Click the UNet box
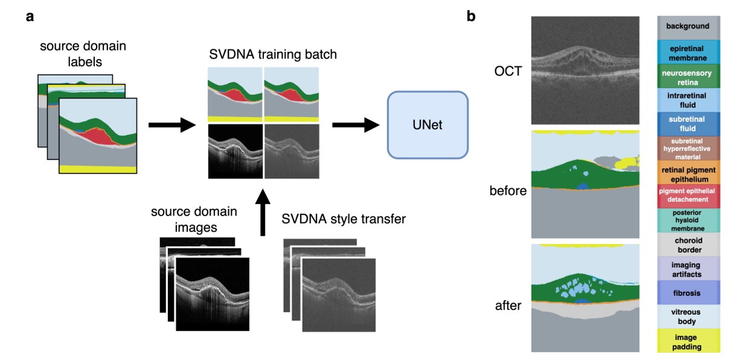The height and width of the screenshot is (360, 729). (428, 125)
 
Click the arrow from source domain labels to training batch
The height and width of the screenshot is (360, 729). (172, 125)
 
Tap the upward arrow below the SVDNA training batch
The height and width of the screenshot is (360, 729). (262, 211)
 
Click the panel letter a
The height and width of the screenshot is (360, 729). (30, 16)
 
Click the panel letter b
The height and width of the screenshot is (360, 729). (471, 16)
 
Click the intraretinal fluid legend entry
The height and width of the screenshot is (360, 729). (688, 100)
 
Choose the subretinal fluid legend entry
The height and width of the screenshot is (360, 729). (688, 124)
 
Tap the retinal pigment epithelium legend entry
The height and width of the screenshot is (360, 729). (688, 173)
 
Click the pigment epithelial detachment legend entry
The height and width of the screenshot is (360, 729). (688, 196)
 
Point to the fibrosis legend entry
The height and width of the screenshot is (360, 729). (688, 292)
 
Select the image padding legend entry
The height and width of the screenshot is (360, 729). (688, 340)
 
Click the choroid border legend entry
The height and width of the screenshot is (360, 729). (688, 244)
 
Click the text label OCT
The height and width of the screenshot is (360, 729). (506, 71)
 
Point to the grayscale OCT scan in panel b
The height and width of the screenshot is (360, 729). (584, 70)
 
